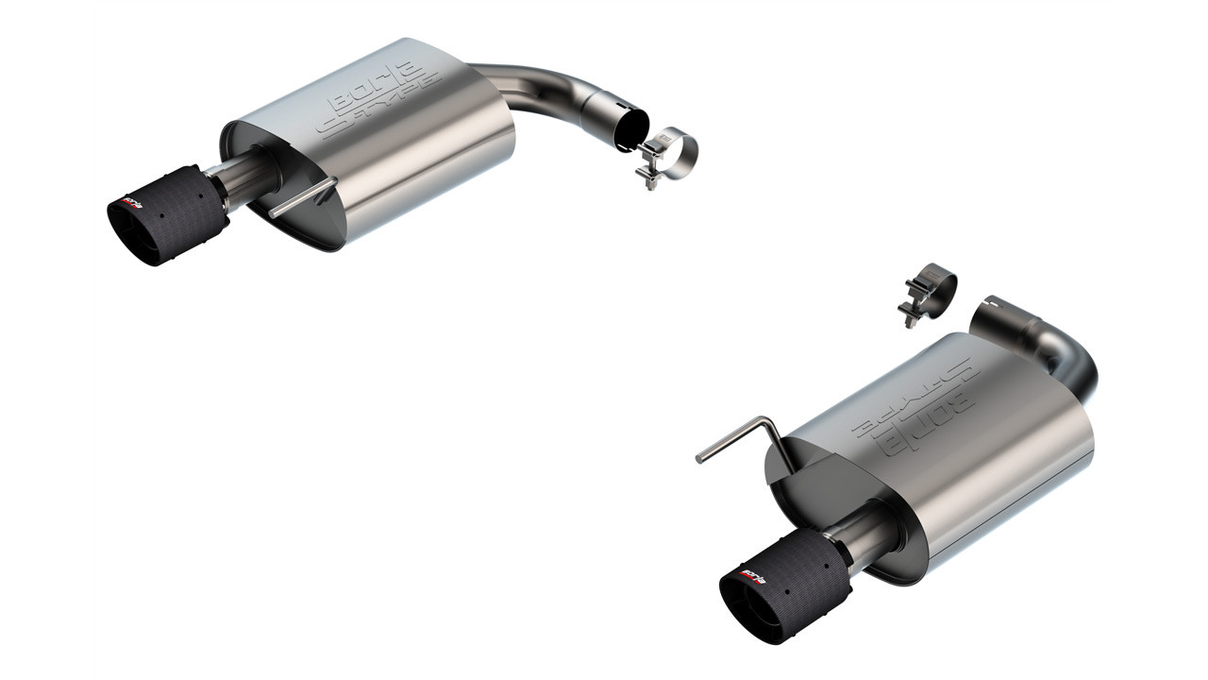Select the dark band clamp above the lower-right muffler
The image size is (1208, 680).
[x=931, y=287]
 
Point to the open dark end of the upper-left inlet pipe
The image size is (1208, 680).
[x=631, y=130]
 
